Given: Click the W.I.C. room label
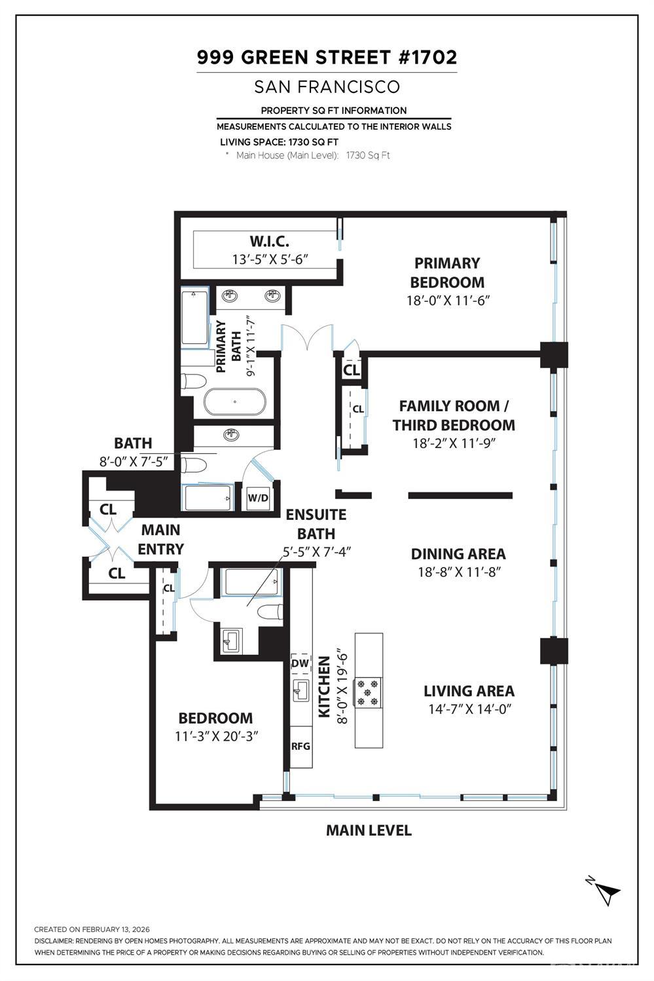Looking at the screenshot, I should (270, 241).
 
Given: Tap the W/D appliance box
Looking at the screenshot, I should (258, 498).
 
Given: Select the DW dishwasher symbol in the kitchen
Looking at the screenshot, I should (300, 663).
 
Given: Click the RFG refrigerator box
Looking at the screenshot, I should (300, 746).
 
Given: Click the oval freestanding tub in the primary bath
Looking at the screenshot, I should (234, 402).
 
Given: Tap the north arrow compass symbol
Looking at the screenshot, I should (606, 891).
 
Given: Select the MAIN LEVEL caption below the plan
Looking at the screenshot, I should (369, 830).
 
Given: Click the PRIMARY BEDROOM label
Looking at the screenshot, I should (447, 272).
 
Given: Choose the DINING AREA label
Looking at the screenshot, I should (458, 554).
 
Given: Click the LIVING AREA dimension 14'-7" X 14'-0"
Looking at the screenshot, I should (467, 709).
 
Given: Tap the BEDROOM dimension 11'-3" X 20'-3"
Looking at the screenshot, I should (216, 735).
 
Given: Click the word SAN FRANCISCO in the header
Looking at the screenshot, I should (327, 86).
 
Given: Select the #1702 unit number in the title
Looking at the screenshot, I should (427, 58).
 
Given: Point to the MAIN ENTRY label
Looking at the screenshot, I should (160, 539).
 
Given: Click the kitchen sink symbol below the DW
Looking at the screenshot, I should (300, 690).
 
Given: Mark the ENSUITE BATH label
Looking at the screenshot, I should (316, 524).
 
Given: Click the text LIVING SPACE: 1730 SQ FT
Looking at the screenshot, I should (279, 141).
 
